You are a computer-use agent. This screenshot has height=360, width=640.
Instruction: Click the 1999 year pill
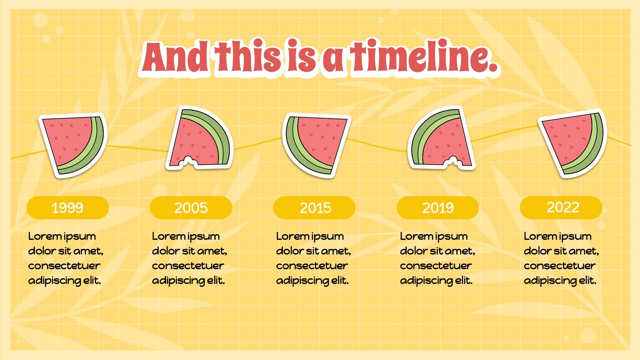point(68,208)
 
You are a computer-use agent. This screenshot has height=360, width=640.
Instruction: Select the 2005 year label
point(191,208)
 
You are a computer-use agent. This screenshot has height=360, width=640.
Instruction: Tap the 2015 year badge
point(314,208)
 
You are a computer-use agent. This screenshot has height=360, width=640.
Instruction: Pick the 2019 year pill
point(438,208)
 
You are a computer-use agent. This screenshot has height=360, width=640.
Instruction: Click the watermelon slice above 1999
point(73,145)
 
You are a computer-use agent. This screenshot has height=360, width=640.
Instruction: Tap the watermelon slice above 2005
point(199,138)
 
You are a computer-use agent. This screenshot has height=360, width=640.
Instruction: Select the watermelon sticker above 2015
point(316,145)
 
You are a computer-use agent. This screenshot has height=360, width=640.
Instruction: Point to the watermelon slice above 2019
point(442,138)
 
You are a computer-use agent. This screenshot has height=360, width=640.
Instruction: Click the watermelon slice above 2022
point(573,143)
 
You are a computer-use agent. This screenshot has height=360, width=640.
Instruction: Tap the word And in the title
point(175,57)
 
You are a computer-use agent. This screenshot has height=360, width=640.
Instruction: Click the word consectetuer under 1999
point(64,266)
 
